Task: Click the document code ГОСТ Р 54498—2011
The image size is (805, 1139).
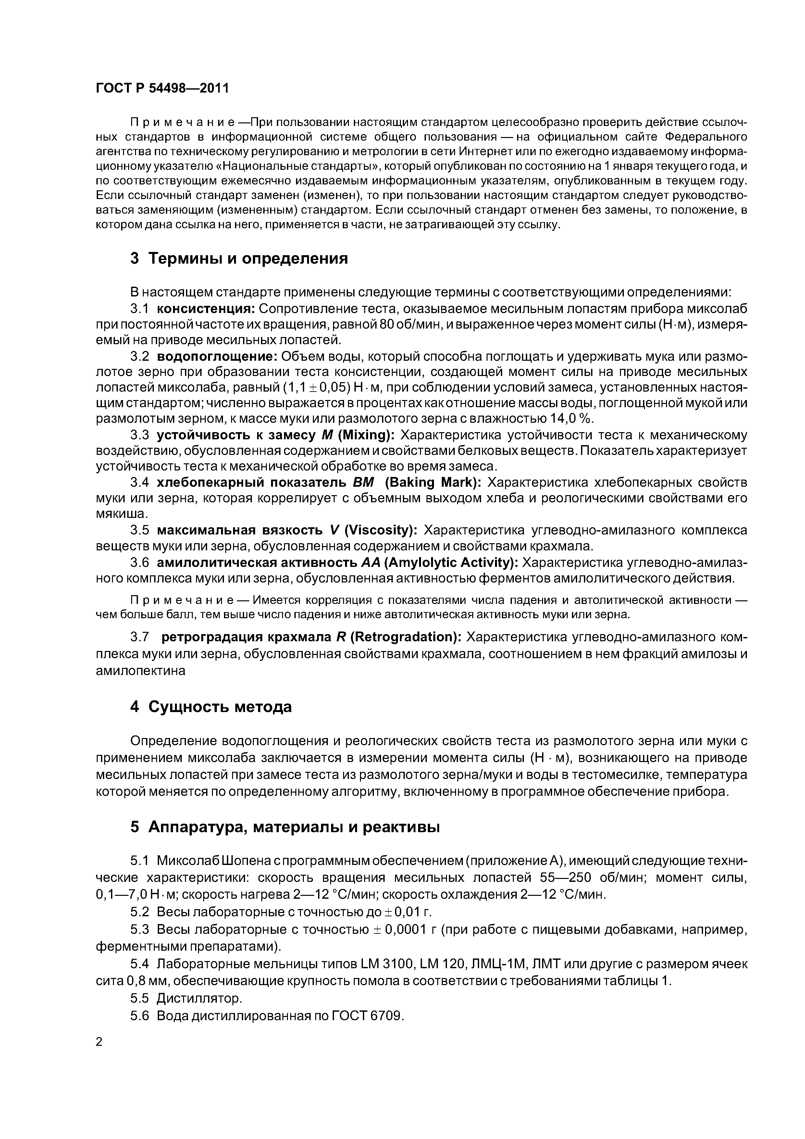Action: [162, 88]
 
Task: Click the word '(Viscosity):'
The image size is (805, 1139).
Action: [381, 530]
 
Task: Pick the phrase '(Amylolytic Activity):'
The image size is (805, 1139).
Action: [452, 563]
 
